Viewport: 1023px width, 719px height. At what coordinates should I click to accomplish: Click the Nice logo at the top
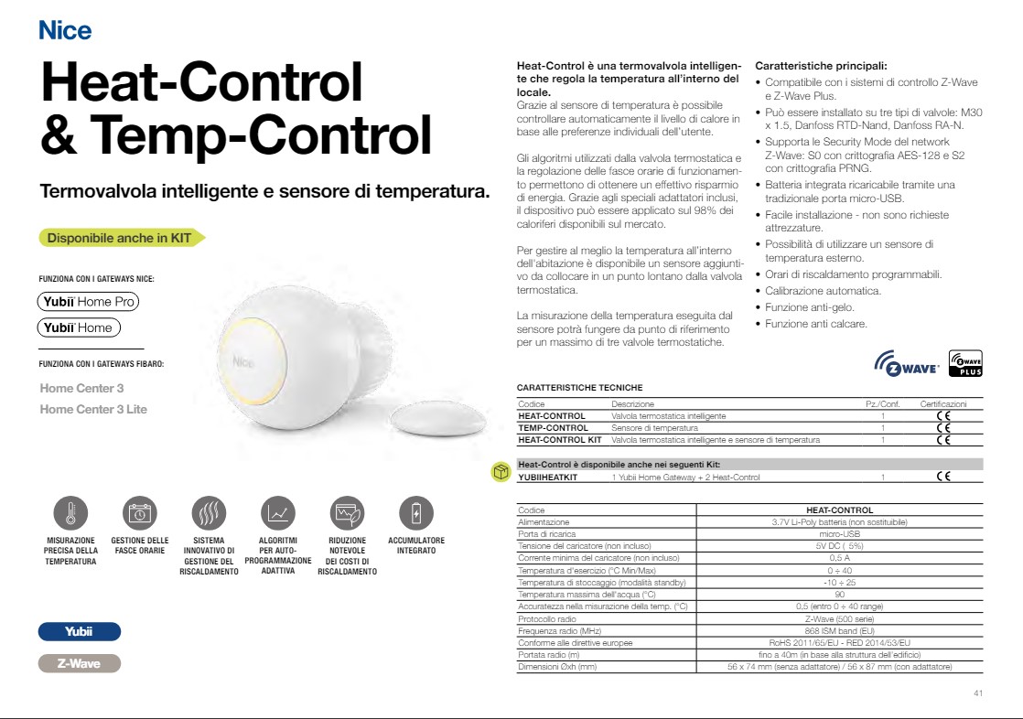(x=65, y=31)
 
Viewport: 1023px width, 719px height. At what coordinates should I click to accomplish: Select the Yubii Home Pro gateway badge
(x=88, y=301)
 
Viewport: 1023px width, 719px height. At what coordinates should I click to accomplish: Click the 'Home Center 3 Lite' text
(x=93, y=409)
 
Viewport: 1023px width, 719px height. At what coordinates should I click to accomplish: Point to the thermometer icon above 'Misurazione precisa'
(x=70, y=514)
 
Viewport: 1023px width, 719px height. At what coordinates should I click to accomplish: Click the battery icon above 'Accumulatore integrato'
(x=416, y=514)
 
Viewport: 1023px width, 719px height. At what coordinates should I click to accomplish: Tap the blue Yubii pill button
(x=79, y=632)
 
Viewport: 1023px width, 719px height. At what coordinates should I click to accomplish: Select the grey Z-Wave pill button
(x=79, y=663)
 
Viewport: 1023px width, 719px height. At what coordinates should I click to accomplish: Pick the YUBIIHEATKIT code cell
(x=548, y=477)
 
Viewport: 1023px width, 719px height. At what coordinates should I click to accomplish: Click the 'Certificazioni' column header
(x=942, y=403)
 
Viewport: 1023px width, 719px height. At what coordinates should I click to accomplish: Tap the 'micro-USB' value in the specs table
(x=838, y=533)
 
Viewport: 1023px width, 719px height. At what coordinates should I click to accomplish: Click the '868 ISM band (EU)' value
(x=838, y=631)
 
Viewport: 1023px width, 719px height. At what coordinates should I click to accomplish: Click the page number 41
(x=977, y=693)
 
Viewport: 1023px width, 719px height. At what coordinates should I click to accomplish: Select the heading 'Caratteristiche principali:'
(x=821, y=66)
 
